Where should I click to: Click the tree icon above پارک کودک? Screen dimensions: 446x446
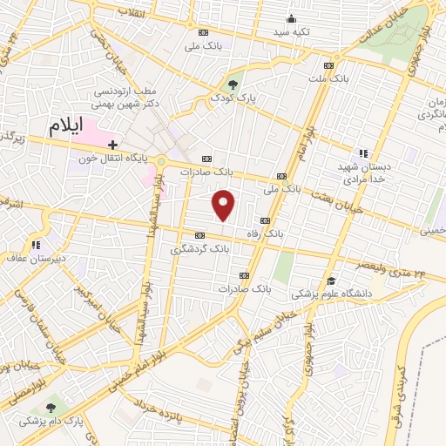click(x=233, y=84)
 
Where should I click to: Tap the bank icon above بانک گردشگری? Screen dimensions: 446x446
click(x=200, y=235)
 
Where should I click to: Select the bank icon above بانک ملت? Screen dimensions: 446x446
click(x=328, y=65)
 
